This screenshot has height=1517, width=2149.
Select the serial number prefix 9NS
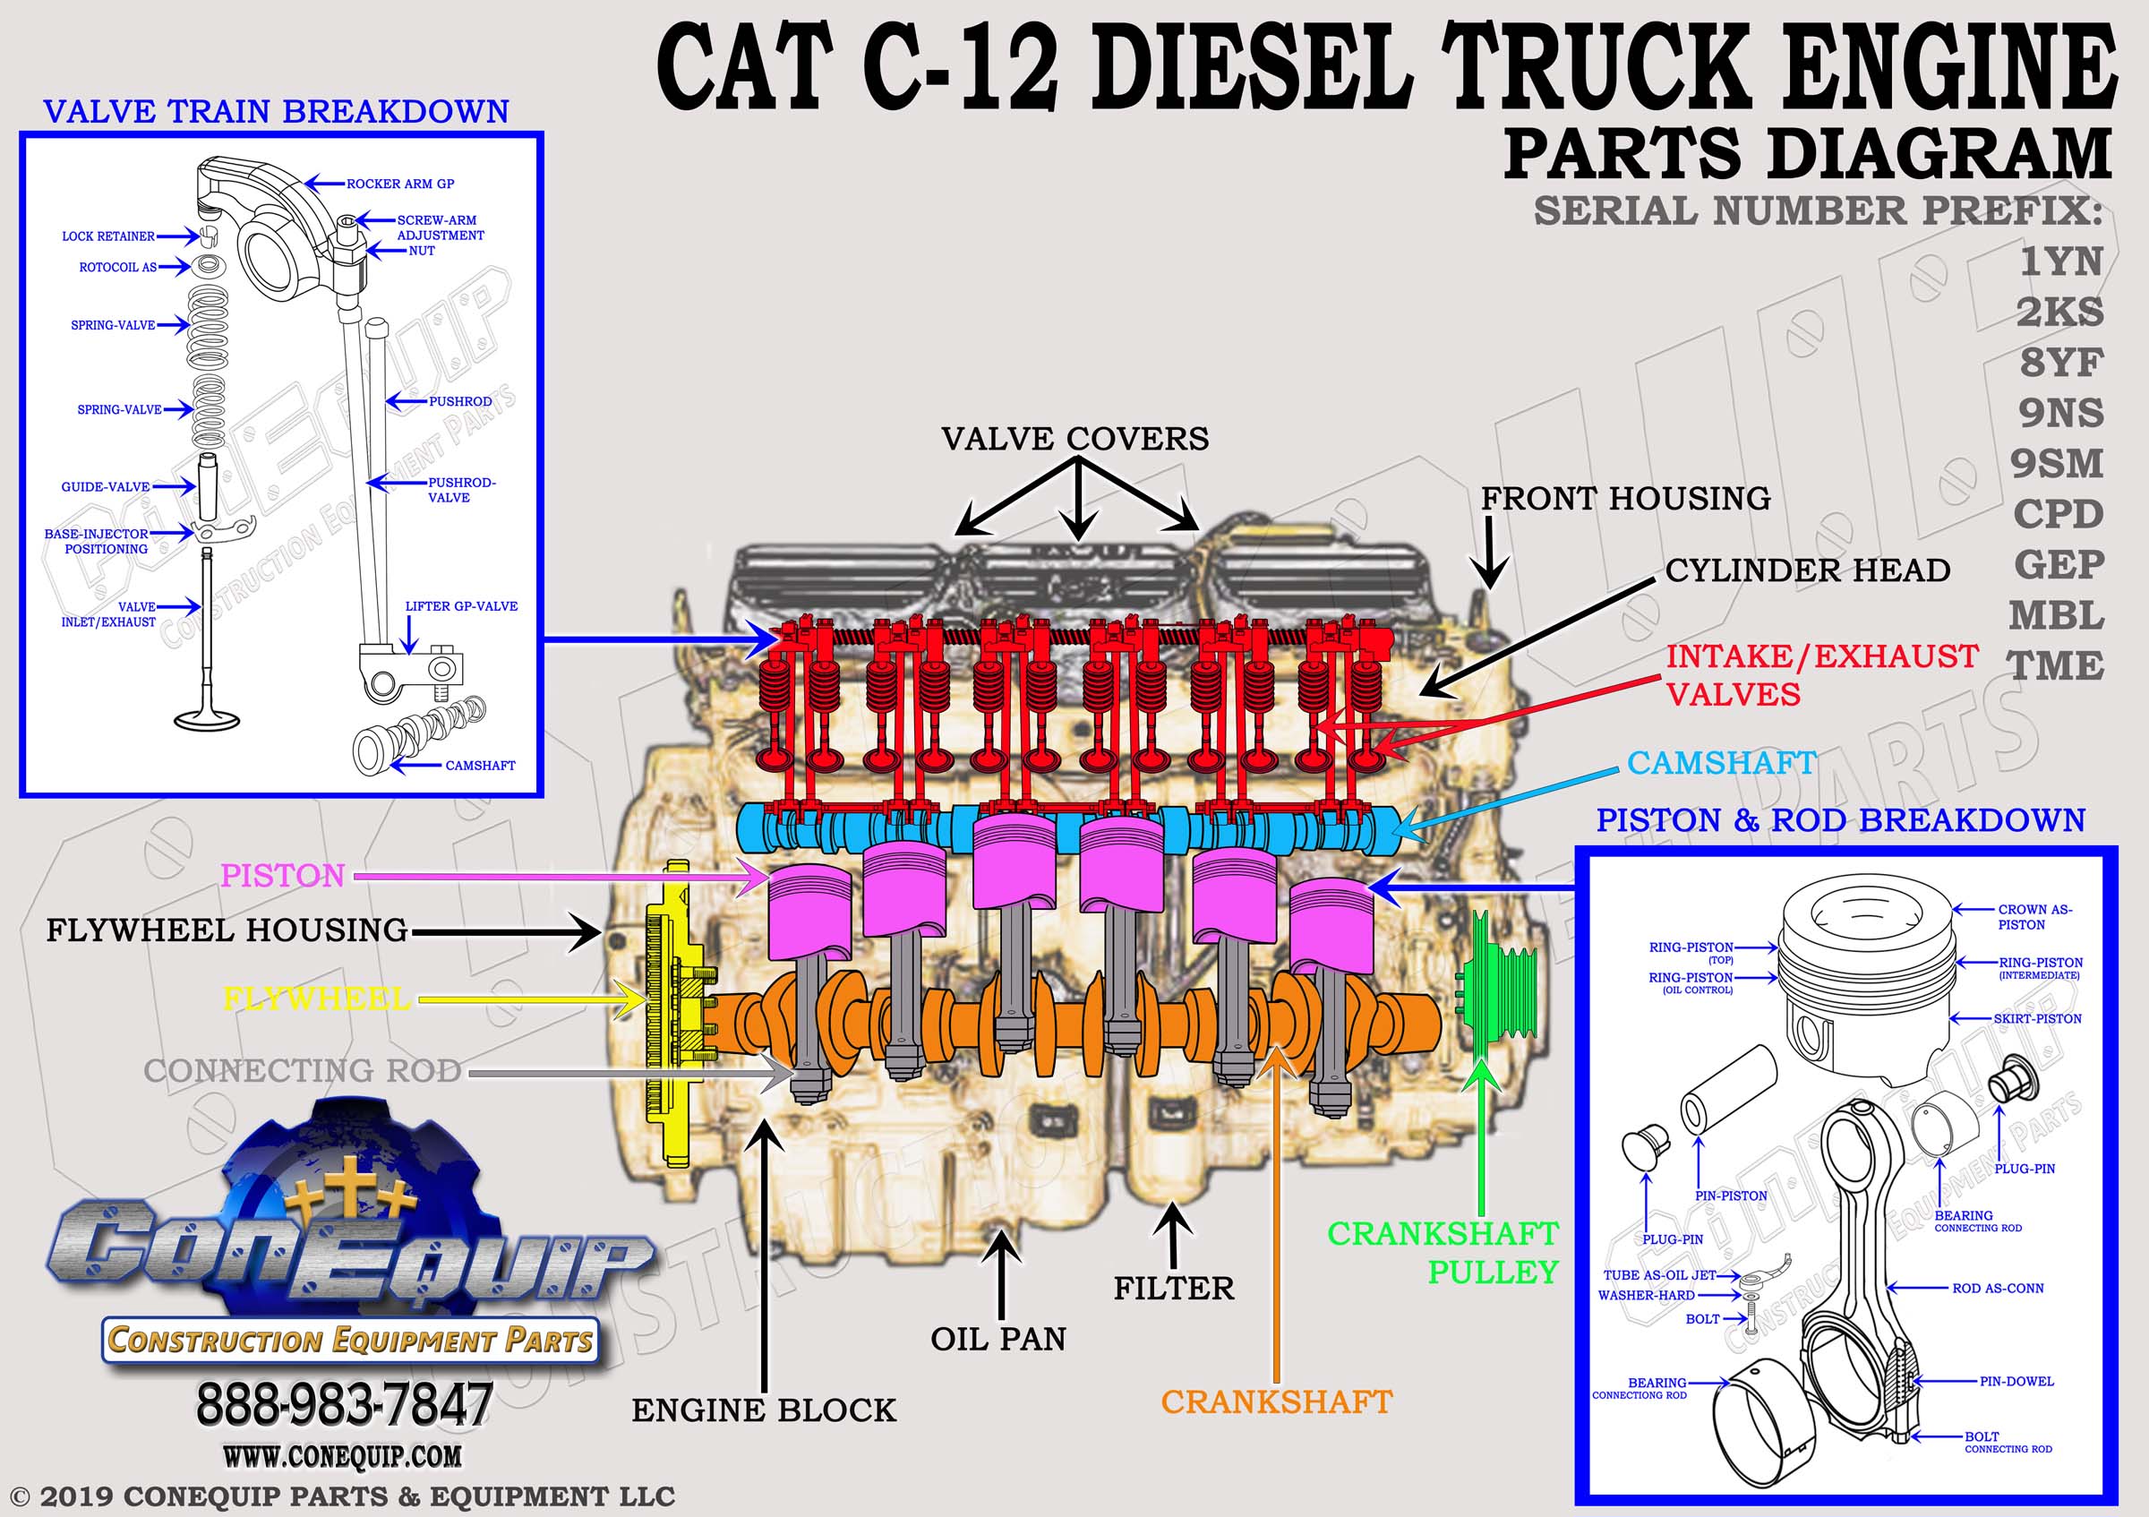2060,413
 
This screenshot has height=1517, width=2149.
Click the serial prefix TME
2055,666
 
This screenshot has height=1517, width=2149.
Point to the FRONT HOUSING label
1625,499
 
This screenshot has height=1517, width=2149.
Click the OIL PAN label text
997,1339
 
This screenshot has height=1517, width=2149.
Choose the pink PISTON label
283,876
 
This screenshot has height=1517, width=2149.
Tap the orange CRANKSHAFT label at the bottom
1277,1401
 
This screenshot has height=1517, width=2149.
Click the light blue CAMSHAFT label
1721,763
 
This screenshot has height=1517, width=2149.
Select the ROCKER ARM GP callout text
400,184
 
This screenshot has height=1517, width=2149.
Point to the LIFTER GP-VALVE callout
461,606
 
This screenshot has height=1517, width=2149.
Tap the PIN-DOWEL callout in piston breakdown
2016,1381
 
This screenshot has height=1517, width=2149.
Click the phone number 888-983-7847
344,1405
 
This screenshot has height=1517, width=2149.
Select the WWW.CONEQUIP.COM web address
343,1457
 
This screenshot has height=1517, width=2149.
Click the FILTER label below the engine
1174,1289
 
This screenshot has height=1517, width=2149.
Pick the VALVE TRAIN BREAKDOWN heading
276,111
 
